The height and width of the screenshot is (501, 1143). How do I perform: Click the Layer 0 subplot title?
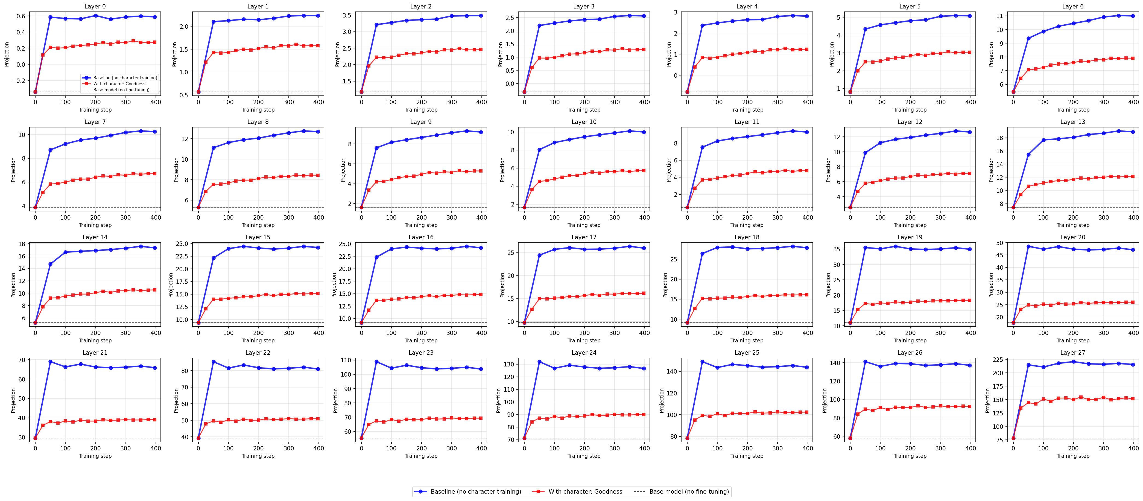click(x=95, y=6)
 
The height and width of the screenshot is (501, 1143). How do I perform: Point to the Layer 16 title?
click(x=421, y=237)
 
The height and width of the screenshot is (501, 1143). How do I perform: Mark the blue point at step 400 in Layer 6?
click(x=1133, y=16)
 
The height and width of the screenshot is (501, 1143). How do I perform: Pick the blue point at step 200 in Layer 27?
click(x=1073, y=362)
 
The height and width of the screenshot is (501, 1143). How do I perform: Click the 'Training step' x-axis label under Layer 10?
click(x=584, y=225)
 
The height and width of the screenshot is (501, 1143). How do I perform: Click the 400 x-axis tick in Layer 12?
click(x=970, y=217)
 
